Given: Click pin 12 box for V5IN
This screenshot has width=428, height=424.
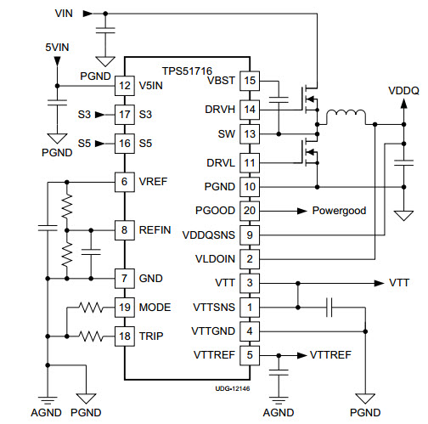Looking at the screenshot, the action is (x=125, y=86).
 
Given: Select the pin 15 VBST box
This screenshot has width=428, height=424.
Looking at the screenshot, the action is (x=250, y=81).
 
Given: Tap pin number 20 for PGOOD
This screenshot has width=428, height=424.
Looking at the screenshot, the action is (x=250, y=211).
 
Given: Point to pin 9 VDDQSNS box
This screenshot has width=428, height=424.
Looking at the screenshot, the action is (x=250, y=235).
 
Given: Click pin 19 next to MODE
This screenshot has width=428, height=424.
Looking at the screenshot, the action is (x=125, y=308).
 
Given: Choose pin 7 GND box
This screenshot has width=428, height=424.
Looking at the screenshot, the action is (x=125, y=279).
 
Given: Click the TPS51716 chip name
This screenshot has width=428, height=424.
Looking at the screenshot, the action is (x=187, y=71).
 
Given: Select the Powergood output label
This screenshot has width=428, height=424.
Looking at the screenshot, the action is (x=339, y=211).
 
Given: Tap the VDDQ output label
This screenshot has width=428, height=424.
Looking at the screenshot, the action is (x=403, y=91).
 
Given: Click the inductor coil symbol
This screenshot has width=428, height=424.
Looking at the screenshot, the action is (x=346, y=116).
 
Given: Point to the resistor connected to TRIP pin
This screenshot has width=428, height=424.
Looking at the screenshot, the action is (x=91, y=336).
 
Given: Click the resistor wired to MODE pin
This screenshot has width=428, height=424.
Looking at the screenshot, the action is (x=91, y=308).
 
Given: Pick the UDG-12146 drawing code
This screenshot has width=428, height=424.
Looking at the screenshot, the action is (x=233, y=388).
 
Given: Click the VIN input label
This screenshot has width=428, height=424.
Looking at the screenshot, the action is (x=64, y=14).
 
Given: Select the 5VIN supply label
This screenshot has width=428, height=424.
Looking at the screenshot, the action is (x=57, y=48).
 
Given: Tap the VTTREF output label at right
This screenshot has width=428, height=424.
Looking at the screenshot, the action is (x=330, y=355).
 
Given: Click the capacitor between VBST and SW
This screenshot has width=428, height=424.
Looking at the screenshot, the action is (x=279, y=99).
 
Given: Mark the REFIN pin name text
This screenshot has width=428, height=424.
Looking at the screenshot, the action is (x=155, y=230).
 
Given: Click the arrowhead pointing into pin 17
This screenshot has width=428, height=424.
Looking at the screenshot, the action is (x=99, y=115).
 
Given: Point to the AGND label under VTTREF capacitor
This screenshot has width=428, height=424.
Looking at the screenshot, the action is (x=279, y=413).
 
